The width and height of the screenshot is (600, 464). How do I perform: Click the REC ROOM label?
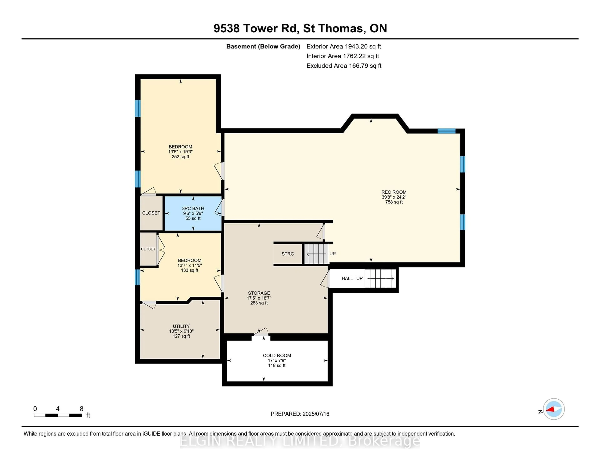point(394,192)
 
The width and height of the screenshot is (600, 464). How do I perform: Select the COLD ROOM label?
point(277,355)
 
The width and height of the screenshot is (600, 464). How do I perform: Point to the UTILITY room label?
point(181,326)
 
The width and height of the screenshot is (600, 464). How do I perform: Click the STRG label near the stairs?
point(288,254)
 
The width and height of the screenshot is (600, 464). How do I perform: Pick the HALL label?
point(347,278)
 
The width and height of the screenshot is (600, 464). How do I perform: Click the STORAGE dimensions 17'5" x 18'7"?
point(259,298)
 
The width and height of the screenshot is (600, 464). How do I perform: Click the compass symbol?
point(554,409)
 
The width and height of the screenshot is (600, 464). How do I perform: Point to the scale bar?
point(58,415)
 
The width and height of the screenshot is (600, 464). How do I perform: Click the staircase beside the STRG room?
point(316,254)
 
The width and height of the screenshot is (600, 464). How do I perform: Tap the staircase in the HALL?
point(380,278)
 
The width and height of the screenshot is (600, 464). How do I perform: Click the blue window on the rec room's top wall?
point(446,131)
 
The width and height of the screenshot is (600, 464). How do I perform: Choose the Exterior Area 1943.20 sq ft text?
point(344,46)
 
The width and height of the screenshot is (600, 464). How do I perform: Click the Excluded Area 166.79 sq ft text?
point(344,66)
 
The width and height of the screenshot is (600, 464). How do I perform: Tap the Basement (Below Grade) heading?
point(263,46)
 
